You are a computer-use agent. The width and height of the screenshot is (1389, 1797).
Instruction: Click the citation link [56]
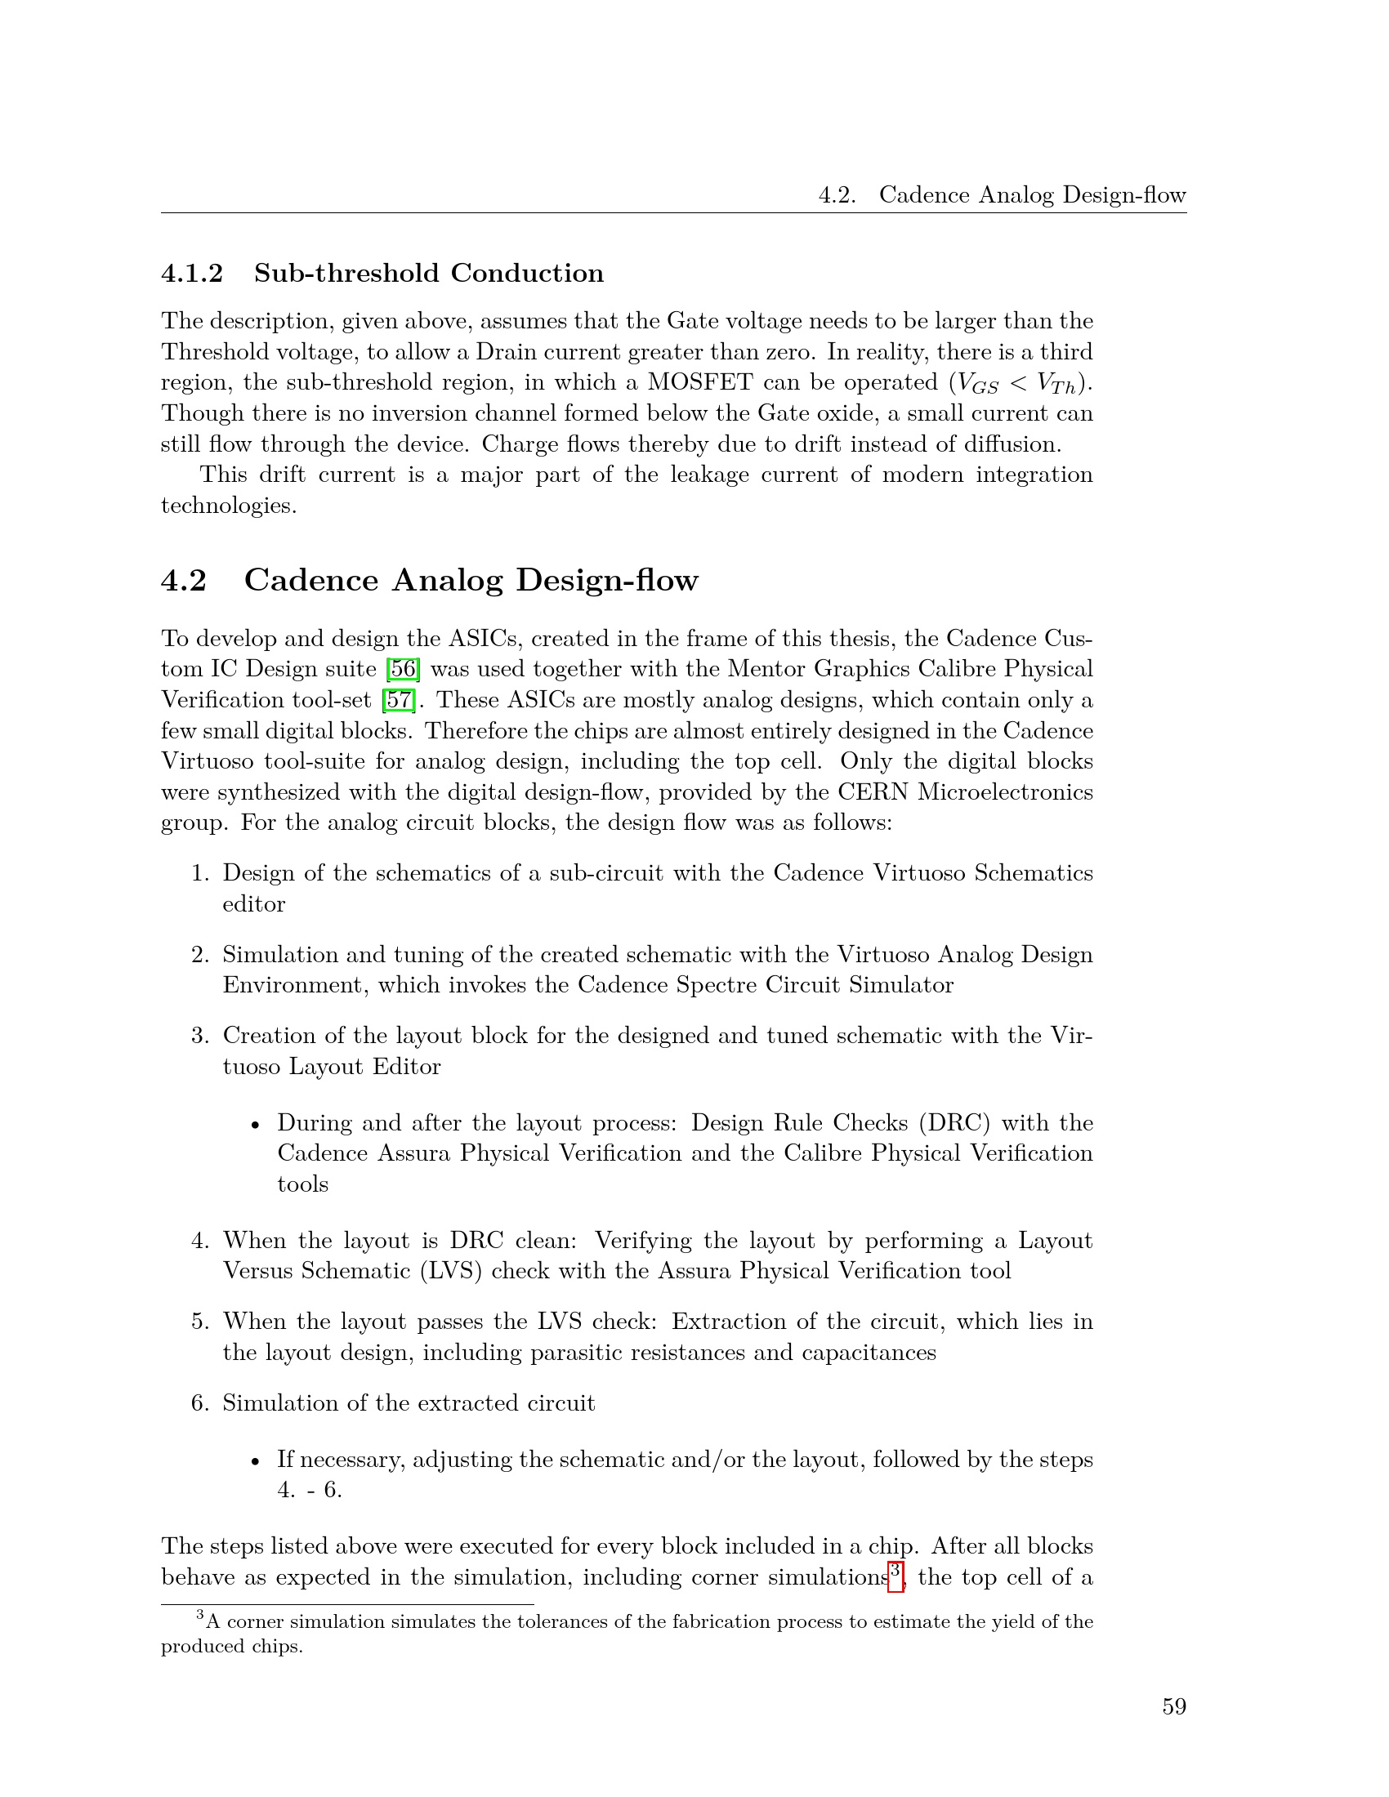403,669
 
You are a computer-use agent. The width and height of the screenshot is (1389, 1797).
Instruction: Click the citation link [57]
399,700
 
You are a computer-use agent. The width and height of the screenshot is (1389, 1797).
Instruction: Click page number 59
1173,1707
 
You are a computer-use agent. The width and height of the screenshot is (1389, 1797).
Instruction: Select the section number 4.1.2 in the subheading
192,273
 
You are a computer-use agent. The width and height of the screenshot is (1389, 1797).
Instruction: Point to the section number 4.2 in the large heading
184,580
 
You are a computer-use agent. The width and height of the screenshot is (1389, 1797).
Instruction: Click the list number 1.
200,873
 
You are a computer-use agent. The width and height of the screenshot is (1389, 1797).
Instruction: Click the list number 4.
200,1241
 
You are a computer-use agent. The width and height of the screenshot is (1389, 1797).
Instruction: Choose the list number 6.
200,1402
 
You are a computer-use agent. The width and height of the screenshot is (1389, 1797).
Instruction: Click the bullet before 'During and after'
256,1125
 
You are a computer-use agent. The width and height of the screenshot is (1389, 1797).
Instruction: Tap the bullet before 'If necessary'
256,1461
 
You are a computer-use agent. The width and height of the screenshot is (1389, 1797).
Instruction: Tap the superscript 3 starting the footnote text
200,1616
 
